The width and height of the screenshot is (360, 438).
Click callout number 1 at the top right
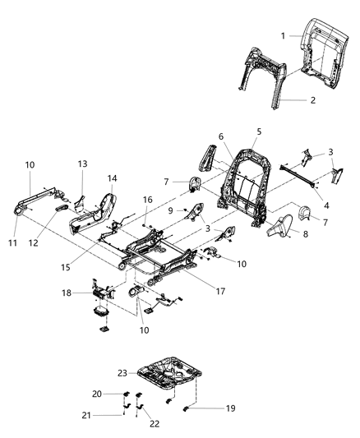(283, 36)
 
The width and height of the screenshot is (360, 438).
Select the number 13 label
(82, 164)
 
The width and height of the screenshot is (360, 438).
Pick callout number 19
(208, 407)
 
